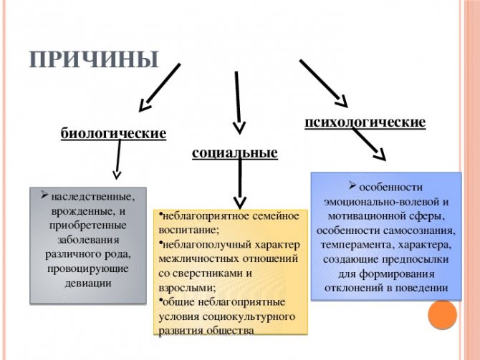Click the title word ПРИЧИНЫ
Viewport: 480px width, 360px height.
coord(94,59)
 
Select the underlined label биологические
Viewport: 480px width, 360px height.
coord(113,134)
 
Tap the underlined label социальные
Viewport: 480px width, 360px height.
coord(235,152)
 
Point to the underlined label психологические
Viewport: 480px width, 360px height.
coord(365,122)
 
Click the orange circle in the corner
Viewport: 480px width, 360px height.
coord(442,315)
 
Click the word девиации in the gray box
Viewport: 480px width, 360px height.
coord(88,283)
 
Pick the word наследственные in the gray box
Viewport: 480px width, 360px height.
coord(93,197)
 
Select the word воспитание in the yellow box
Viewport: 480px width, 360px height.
coord(189,230)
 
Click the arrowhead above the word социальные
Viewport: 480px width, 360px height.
coord(239,127)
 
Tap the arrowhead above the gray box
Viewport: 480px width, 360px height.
coord(117,175)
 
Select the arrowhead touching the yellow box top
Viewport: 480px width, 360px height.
coord(240,203)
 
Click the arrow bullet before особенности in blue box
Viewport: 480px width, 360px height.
coord(352,185)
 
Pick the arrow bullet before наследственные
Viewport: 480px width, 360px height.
coord(44,195)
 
